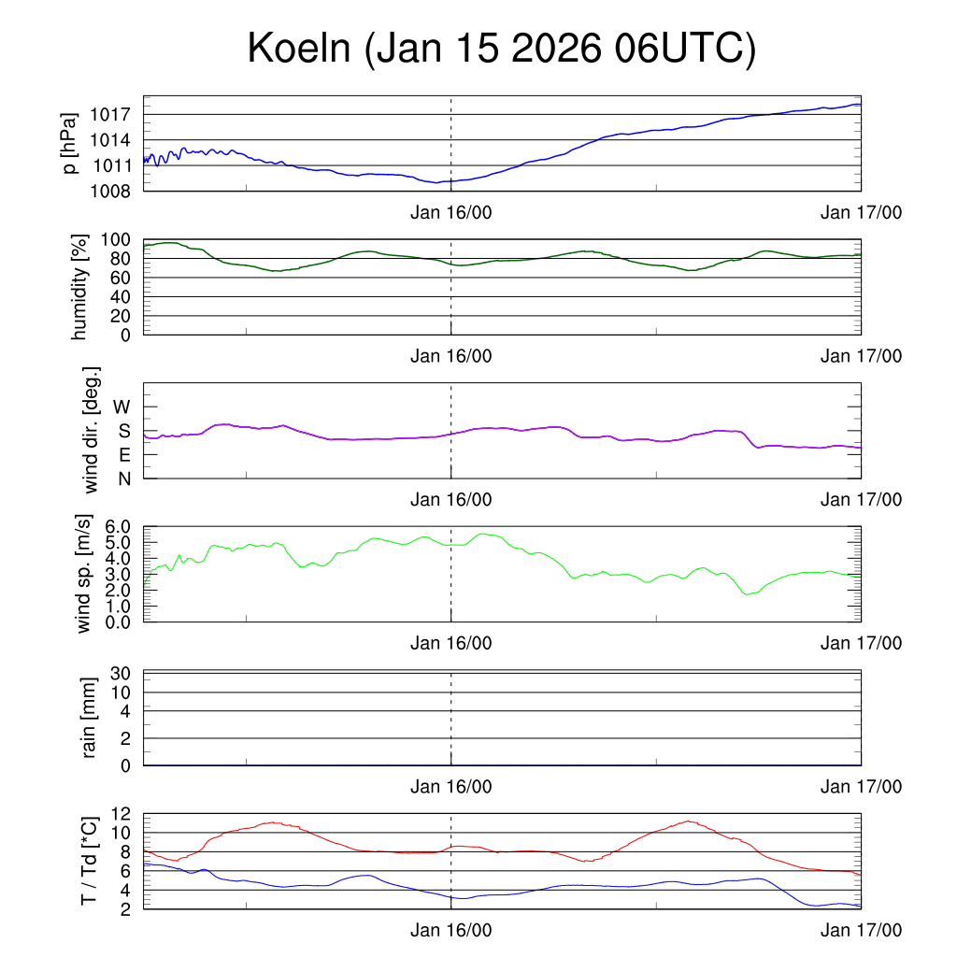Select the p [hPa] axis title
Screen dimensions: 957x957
point(68,143)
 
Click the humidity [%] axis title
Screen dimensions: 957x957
point(80,286)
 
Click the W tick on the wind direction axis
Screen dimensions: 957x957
point(122,407)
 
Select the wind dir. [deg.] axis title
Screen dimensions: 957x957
point(92,430)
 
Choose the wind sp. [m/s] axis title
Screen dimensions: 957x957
point(84,574)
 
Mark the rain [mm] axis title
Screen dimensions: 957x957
point(90,719)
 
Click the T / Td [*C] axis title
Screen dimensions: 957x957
point(90,860)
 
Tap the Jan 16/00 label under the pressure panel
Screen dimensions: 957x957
point(451,213)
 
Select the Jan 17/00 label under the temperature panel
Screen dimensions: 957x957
point(861,930)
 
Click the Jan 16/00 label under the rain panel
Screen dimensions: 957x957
point(451,787)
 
